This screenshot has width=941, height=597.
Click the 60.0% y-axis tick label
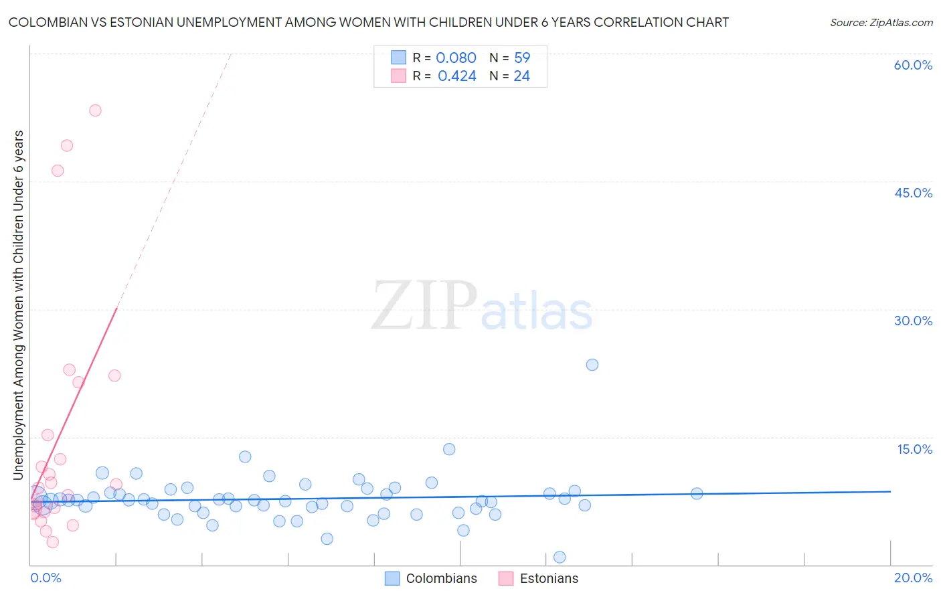[x=913, y=65]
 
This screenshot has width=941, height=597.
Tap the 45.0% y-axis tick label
[x=913, y=193]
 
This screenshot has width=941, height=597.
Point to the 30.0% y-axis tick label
[x=913, y=321]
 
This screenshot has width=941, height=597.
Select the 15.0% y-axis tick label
[x=914, y=449]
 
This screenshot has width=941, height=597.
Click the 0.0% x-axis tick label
[x=46, y=578]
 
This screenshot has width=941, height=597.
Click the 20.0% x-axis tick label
[x=913, y=578]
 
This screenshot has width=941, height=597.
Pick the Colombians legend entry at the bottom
[x=432, y=578]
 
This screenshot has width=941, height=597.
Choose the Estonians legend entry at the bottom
[x=539, y=578]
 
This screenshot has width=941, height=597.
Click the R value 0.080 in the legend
[x=456, y=58]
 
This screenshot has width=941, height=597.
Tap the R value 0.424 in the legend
[x=457, y=76]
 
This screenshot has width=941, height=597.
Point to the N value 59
[x=522, y=58]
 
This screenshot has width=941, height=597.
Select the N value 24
[x=522, y=76]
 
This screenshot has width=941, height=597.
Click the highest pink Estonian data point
[x=95, y=110]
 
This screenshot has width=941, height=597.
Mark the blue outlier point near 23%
[x=592, y=365]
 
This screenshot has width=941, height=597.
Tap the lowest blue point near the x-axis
[x=560, y=558]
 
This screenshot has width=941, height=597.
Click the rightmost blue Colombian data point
[x=697, y=493]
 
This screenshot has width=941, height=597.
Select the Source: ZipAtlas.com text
[x=881, y=23]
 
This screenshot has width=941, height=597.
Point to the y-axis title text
[x=19, y=305]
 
